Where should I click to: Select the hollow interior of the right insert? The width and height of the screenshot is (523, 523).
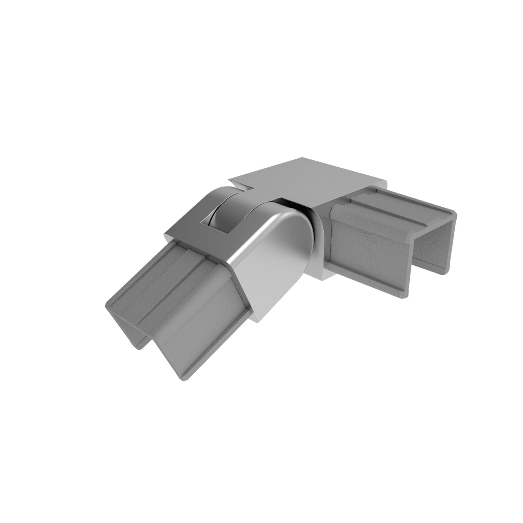pyautogui.click(x=429, y=244)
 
